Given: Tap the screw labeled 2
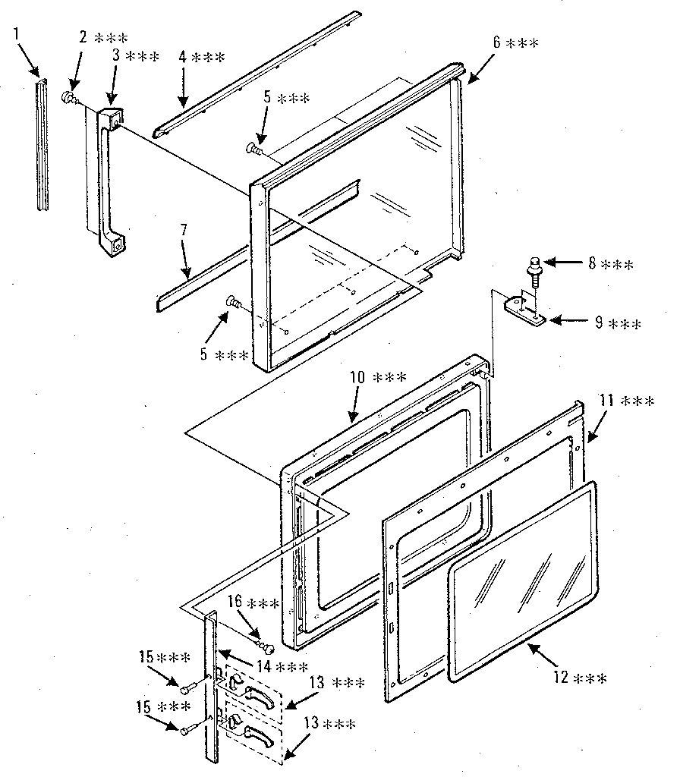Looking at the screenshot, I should [68, 98].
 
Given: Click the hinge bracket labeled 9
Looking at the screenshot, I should [524, 309].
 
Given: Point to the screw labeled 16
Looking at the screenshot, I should [265, 646].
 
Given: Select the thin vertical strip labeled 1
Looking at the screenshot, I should [42, 144].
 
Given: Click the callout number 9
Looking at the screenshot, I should [600, 323].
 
